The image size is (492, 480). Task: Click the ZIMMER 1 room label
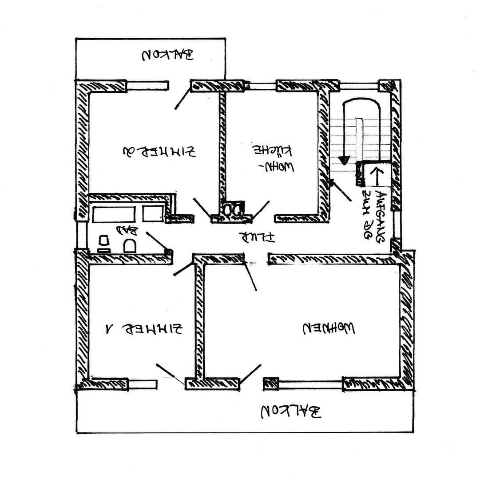coord(144,329)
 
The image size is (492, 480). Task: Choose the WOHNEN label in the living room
coord(329,328)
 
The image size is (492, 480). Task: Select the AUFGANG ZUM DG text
coord(373,216)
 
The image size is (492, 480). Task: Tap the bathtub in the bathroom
coord(114,214)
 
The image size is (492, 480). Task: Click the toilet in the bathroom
coord(130,246)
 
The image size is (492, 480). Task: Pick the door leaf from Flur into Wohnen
coord(250,276)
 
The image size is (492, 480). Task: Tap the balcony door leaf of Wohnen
coord(251,373)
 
